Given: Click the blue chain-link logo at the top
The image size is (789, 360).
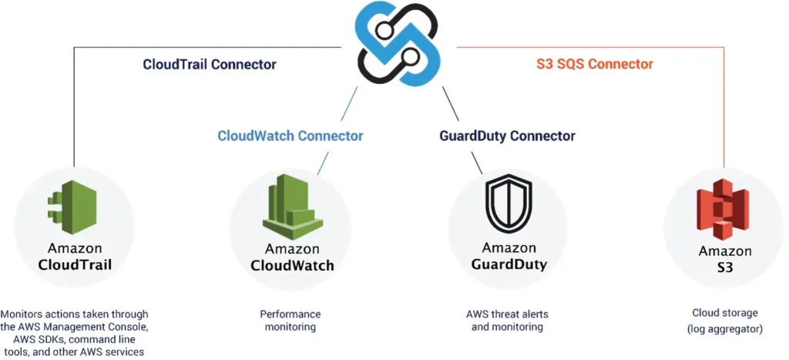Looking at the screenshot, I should tap(398, 43).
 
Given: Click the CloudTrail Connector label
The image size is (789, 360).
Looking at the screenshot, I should tap(210, 65).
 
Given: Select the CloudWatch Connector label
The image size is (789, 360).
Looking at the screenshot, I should tap(290, 136).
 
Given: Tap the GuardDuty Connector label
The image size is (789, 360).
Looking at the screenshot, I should tap(507, 136).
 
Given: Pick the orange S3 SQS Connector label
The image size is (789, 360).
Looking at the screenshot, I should tap(594, 64).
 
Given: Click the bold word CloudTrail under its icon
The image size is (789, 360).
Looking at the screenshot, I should tap(75, 265).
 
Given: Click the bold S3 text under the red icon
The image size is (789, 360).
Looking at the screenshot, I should tap(724, 267).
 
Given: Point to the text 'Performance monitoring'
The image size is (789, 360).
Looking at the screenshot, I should tap(290, 321).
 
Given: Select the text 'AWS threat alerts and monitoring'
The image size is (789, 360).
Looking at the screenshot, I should tap(507, 321).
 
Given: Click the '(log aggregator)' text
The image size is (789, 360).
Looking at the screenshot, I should tap(724, 329).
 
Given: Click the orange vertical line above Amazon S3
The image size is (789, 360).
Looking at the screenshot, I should tap(724, 108).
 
